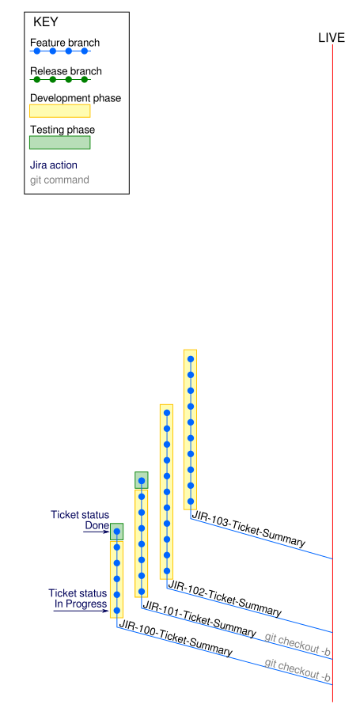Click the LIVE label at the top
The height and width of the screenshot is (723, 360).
coord(332,38)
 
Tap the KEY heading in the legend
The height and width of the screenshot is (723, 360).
coord(46,22)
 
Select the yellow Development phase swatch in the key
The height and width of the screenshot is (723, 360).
coord(60,111)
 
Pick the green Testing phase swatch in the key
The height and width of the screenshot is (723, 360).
coord(60,142)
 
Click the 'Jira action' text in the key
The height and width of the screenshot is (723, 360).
coord(54,165)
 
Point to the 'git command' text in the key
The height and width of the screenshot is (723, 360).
coord(59,180)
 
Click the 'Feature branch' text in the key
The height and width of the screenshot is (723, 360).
coord(65,44)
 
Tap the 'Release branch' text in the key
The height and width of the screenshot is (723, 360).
coord(66,71)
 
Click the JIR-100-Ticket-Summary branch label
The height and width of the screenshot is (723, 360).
coord(176,638)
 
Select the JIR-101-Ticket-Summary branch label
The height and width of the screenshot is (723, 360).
coord(199,619)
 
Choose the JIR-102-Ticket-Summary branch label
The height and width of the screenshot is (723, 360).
coord(225,599)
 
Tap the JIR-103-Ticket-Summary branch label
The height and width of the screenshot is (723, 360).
coord(248,528)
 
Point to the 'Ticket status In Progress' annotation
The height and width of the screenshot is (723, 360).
coord(78,599)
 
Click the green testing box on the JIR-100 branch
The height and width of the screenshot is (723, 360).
coord(116,532)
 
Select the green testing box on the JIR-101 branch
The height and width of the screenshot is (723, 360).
coord(142,480)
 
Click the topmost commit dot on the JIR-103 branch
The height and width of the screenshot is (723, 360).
coord(191,359)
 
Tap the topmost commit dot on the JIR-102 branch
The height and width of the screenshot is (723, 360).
coord(167,413)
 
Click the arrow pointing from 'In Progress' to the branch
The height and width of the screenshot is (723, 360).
coord(81,611)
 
